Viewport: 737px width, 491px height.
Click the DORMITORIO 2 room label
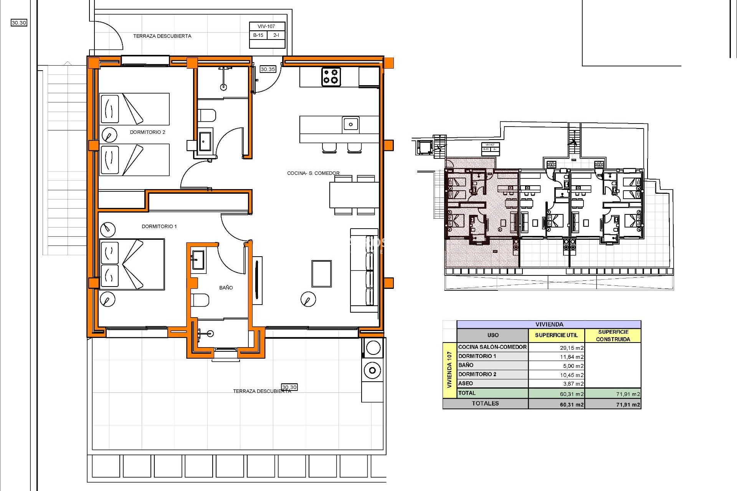(x=147, y=132)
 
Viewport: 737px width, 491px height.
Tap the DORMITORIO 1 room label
(x=159, y=226)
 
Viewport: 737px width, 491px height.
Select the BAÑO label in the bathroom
(x=226, y=287)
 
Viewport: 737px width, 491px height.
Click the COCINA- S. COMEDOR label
(x=313, y=173)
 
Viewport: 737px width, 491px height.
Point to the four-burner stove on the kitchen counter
(x=330, y=76)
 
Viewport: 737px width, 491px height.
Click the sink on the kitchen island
(x=350, y=124)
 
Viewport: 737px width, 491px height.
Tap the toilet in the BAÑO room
(x=201, y=300)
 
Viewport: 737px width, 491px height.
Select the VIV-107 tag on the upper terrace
(x=266, y=26)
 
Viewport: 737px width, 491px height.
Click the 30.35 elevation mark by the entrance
(x=268, y=69)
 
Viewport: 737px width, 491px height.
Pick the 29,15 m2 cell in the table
(x=572, y=348)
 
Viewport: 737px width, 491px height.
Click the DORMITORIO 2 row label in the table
(x=477, y=374)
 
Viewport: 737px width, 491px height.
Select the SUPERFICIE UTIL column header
(x=556, y=335)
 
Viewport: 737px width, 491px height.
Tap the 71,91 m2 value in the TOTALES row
(x=628, y=404)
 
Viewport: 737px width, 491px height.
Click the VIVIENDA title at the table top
(x=549, y=324)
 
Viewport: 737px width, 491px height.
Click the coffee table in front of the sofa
(x=322, y=274)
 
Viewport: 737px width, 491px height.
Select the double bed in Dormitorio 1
(x=132, y=264)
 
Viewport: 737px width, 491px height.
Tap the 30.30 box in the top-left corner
(x=19, y=23)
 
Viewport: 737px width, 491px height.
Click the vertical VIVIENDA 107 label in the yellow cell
(x=449, y=369)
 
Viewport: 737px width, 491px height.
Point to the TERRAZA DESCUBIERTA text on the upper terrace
(x=162, y=36)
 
